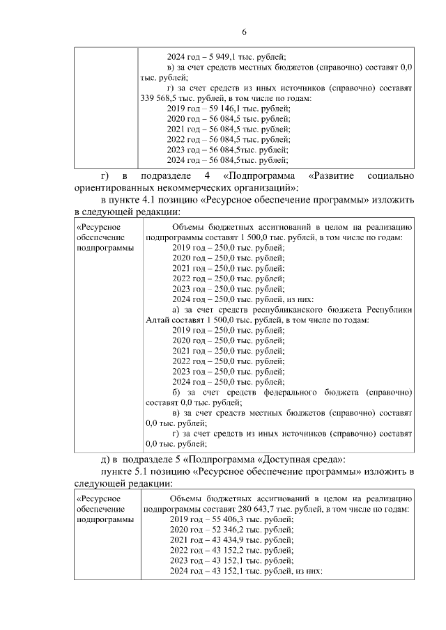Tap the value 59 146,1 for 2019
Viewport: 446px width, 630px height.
pyautogui.click(x=223, y=109)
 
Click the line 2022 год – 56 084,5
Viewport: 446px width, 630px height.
pyautogui.click(x=229, y=139)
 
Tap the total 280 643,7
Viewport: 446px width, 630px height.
pyautogui.click(x=254, y=509)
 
